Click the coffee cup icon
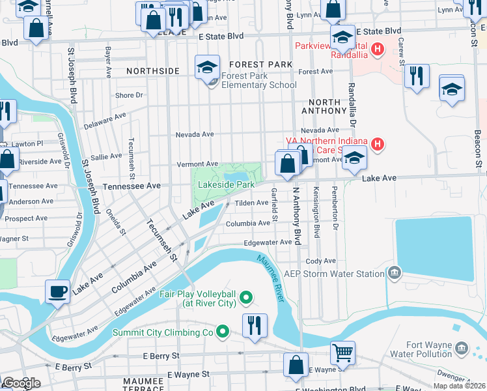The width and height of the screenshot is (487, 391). (x=57, y=291)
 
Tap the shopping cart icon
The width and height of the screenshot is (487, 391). (x=342, y=353)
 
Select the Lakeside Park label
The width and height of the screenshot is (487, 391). (x=226, y=185)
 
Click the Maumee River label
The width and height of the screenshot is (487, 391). (x=270, y=278)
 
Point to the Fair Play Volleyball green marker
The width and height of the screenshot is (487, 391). (x=245, y=298)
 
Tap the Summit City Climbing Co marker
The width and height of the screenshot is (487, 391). (x=223, y=332)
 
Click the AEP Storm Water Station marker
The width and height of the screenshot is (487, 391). (x=394, y=272)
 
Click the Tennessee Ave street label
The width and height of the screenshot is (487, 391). (x=132, y=186)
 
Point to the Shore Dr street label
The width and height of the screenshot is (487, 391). (x=129, y=95)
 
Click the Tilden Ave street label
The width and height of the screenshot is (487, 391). (x=251, y=203)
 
